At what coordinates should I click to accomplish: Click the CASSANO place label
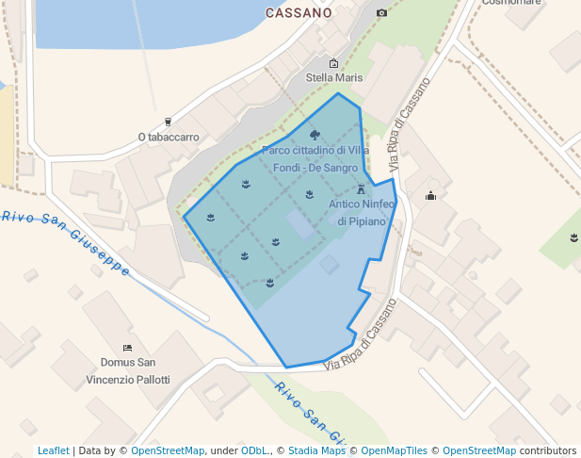click(299, 13)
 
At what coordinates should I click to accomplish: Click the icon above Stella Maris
click(333, 63)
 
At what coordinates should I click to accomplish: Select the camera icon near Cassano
click(381, 13)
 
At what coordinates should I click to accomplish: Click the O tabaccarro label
click(169, 137)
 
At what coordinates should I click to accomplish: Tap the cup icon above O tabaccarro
click(169, 122)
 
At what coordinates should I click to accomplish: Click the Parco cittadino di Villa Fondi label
click(315, 158)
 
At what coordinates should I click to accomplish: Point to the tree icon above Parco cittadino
click(315, 135)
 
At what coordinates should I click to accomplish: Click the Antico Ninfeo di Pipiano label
click(362, 212)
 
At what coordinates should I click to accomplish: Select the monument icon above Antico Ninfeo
click(361, 188)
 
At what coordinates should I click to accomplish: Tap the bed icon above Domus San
click(127, 348)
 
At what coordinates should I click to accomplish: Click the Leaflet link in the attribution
click(54, 450)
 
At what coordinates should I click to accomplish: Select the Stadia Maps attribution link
click(316, 450)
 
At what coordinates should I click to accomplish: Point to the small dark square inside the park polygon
click(329, 265)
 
